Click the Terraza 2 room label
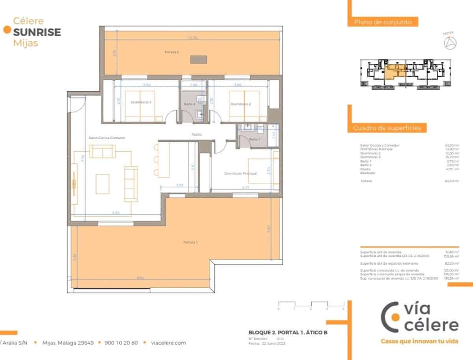pyautogui.click(x=172, y=52)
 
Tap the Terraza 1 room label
pyautogui.click(x=190, y=242)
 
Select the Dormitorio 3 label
pyautogui.click(x=141, y=102)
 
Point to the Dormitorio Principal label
pyautogui.click(x=240, y=173)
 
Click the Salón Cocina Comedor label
pyautogui.click(x=107, y=138)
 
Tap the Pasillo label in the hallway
pyautogui.click(x=197, y=135)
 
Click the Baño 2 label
pyautogui.click(x=190, y=104)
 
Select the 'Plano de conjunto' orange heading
pyautogui.click(x=383, y=22)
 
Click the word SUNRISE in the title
pyautogui.click(x=37, y=32)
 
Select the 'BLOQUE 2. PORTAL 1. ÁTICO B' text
pyautogui.click(x=288, y=332)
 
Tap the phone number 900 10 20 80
pyautogui.click(x=121, y=343)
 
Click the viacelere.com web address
pyautogui.click(x=169, y=343)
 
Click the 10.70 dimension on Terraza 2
pyautogui.click(x=192, y=38)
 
